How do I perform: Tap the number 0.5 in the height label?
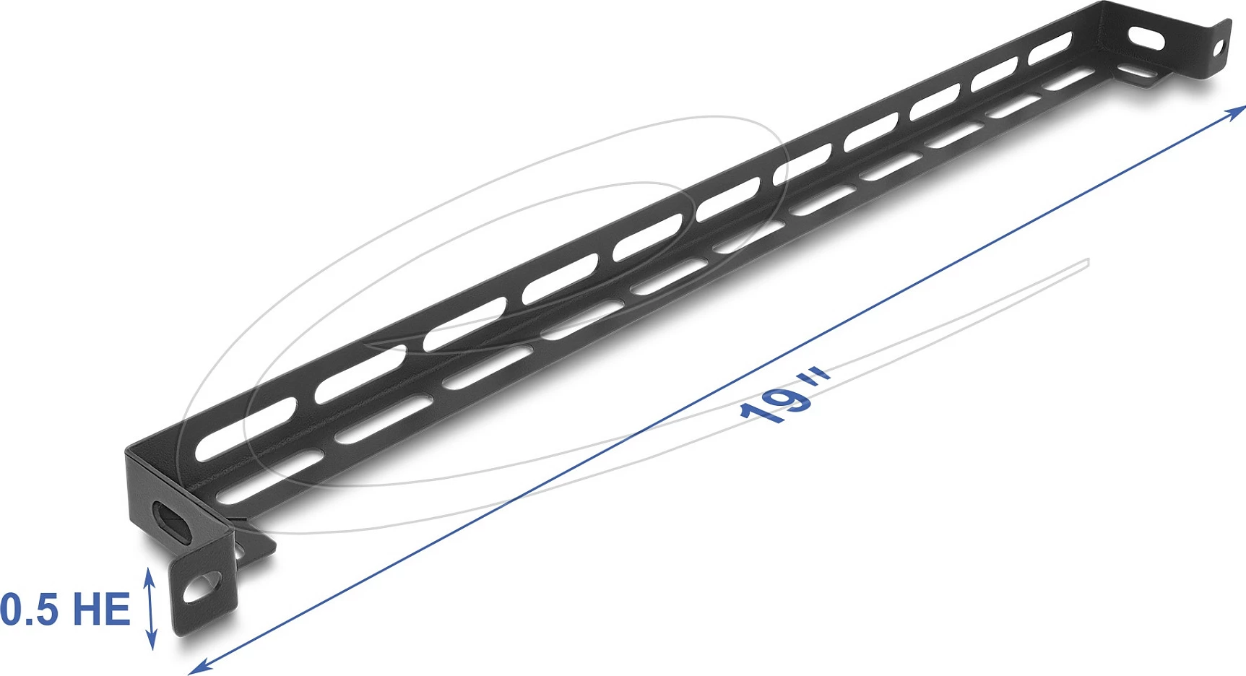point(29,609)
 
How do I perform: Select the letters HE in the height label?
point(101,609)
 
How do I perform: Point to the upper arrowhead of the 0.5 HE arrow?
point(150,576)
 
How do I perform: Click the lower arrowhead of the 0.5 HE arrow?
point(152,641)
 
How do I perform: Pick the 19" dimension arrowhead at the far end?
point(1237,110)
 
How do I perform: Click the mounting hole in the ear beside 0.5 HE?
point(202,588)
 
